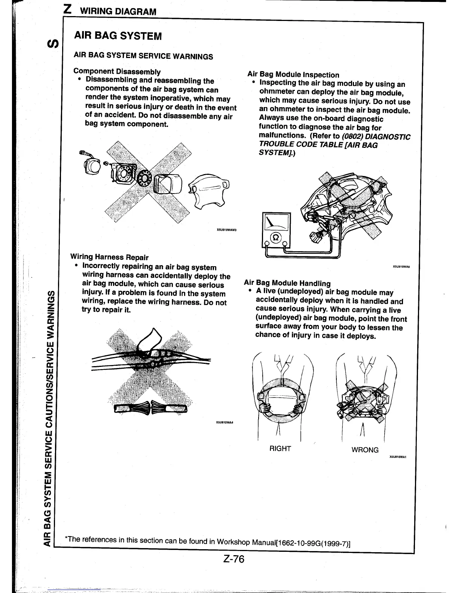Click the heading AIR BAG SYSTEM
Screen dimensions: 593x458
pyautogui.click(x=118, y=36)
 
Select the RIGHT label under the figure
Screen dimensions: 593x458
pyautogui.click(x=280, y=448)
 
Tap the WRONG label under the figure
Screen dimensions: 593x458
pyautogui.click(x=365, y=450)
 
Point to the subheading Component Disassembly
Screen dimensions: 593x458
pyautogui.click(x=117, y=71)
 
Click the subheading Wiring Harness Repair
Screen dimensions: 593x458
pyautogui.click(x=109, y=257)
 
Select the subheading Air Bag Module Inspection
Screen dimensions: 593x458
pyautogui.click(x=293, y=75)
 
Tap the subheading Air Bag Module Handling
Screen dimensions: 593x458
pyautogui.click(x=287, y=283)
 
